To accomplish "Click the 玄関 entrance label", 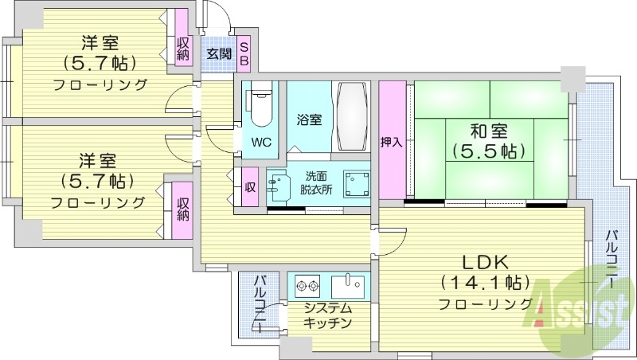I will click(219, 54).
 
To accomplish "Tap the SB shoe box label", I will click(244, 54).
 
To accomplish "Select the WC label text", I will click(260, 143).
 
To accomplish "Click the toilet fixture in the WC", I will click(260, 106).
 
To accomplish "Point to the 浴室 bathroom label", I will click(309, 120).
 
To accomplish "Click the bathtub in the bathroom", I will click(352, 115).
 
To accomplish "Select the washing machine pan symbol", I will click(355, 184).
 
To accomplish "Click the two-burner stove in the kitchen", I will click(307, 285).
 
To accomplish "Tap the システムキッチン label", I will click(327, 315).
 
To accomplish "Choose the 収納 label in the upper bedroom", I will click(183, 49).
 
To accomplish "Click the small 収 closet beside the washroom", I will click(249, 188).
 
